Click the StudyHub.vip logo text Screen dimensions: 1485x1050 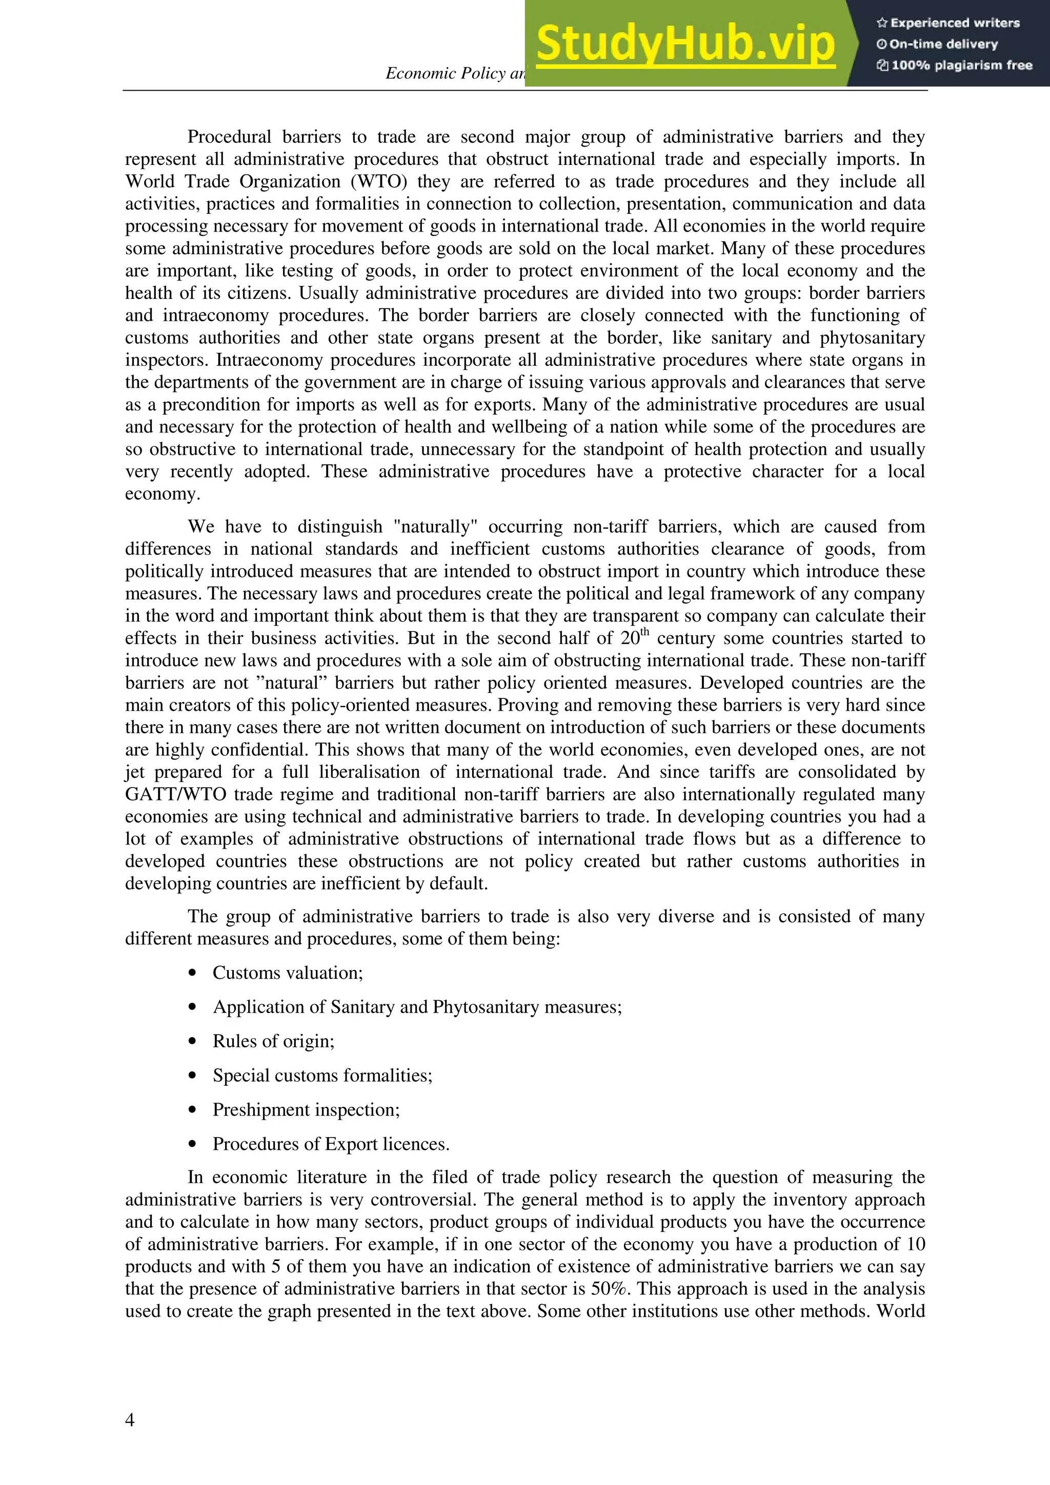pos(685,44)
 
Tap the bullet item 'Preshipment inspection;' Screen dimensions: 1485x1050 pos(306,1109)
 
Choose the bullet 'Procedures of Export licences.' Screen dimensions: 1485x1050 pos(331,1144)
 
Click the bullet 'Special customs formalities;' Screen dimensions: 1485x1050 pos(322,1075)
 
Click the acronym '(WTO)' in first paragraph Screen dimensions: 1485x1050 pos(378,182)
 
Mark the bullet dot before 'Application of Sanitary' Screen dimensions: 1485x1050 pos(192,1007)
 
